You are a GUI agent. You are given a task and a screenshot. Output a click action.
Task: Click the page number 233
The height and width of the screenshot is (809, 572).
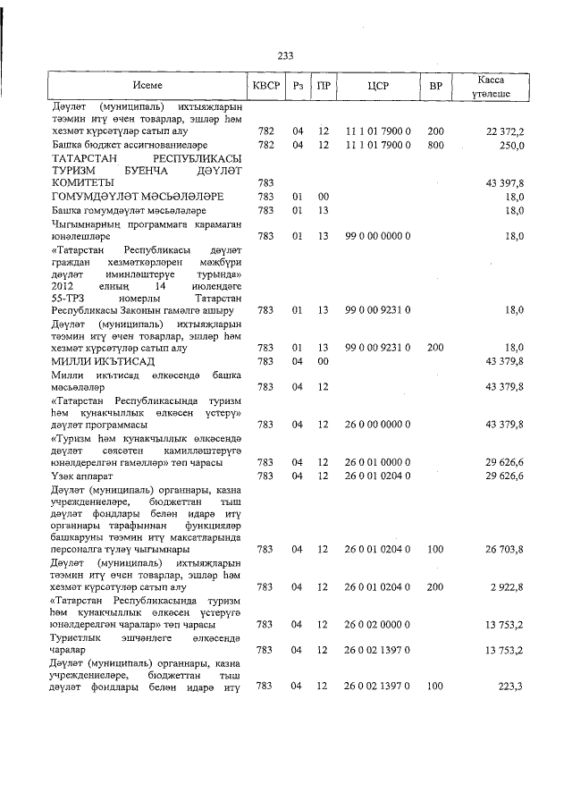pyautogui.click(x=286, y=55)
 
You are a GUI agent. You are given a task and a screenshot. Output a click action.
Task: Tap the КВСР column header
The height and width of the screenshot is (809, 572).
pyautogui.click(x=266, y=86)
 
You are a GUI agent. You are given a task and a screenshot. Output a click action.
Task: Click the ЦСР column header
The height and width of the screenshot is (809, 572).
pyautogui.click(x=377, y=86)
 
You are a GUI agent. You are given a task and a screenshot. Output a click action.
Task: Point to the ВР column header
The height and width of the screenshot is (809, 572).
pyautogui.click(x=436, y=86)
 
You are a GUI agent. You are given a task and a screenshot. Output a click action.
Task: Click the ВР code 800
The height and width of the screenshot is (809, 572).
pyautogui.click(x=436, y=144)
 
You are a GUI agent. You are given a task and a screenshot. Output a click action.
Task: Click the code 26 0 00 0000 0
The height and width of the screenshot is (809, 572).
pyautogui.click(x=377, y=425)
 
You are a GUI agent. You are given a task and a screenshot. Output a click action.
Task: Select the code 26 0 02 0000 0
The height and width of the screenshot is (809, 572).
pyautogui.click(x=377, y=624)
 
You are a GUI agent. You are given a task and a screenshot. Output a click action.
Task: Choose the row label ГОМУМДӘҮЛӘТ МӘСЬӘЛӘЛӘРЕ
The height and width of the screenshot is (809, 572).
pyautogui.click(x=136, y=196)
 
